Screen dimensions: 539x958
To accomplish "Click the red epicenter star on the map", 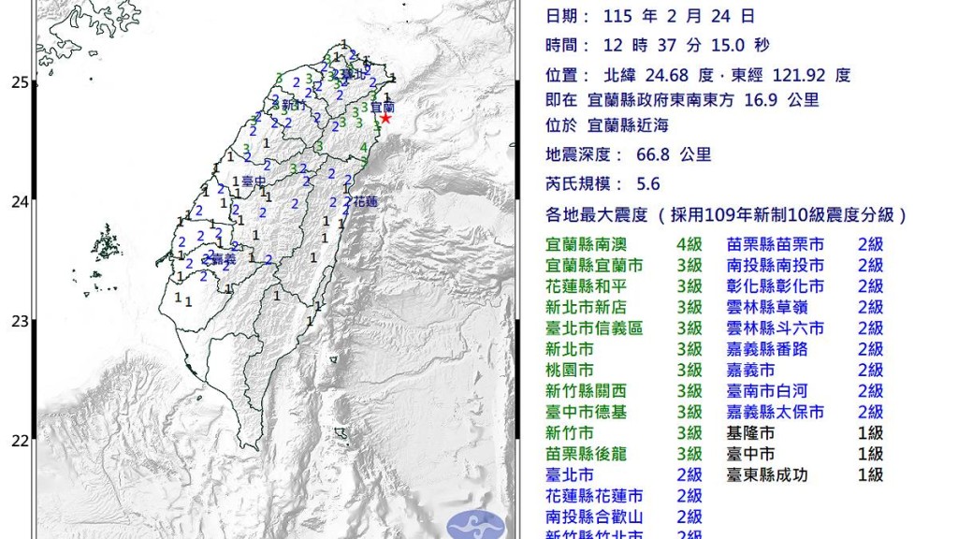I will tap(385, 118).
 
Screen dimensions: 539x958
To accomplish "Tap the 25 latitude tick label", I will tap(18, 82).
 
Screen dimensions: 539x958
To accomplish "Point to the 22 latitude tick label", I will tap(18, 440).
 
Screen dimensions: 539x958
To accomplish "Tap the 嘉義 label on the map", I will tap(222, 258).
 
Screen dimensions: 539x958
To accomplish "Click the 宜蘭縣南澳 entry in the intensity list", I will tap(587, 245).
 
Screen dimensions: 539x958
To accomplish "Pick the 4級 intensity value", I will tap(689, 245).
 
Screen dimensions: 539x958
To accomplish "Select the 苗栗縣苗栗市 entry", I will tap(776, 245).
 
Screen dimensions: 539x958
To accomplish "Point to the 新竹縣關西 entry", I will tap(587, 391).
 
